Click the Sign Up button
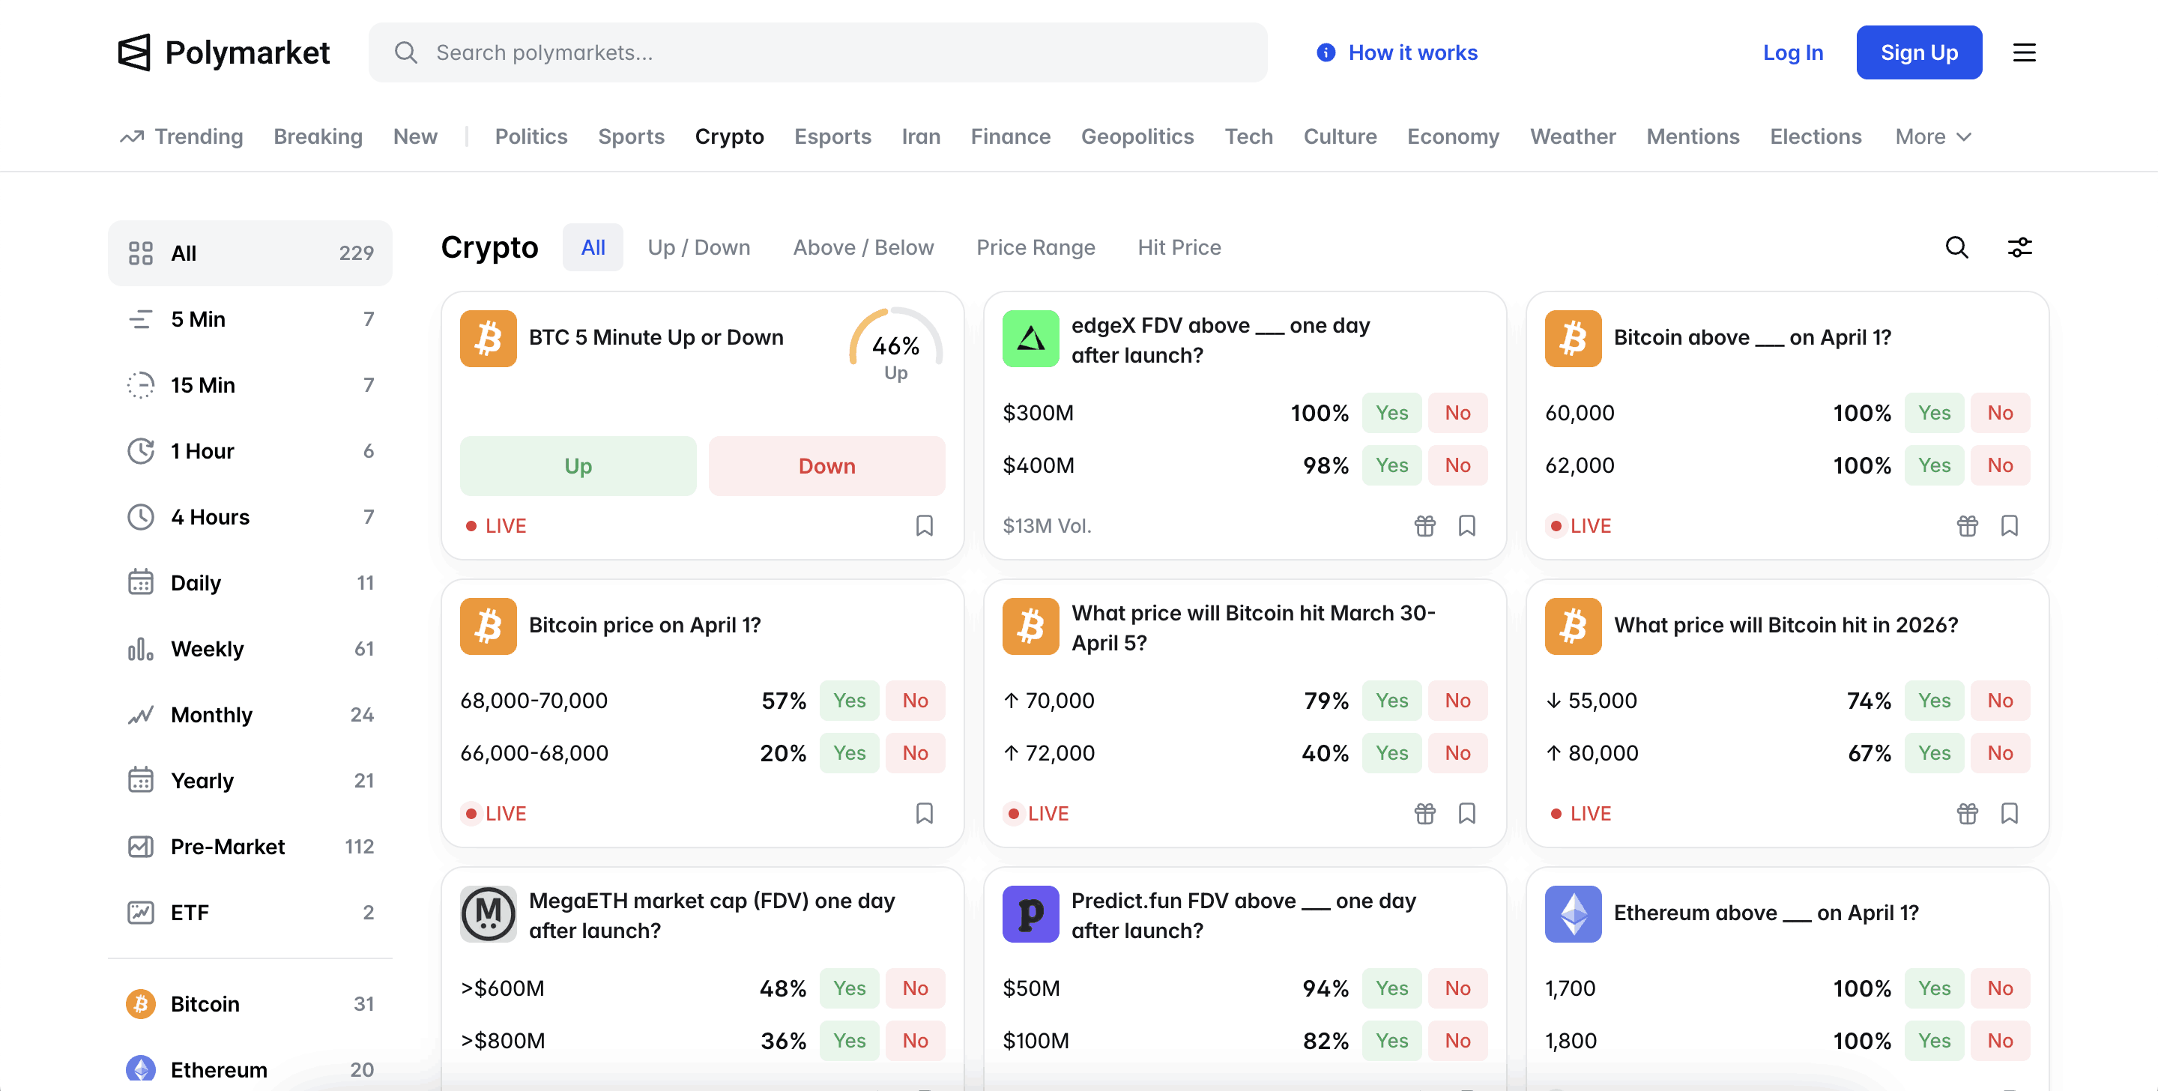(x=1918, y=52)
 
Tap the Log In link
(x=1793, y=52)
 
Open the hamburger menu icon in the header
(x=2024, y=52)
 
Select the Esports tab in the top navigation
(x=832, y=136)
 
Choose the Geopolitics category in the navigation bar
(x=1137, y=136)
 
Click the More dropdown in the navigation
(x=1933, y=136)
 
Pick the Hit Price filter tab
(x=1179, y=247)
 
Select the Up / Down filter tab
(x=698, y=247)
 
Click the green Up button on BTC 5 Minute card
(x=577, y=466)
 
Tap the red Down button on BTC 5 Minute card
(x=826, y=466)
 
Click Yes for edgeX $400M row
(x=1391, y=465)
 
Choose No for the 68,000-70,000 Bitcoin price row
(x=915, y=701)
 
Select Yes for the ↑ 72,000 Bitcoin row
(x=1391, y=753)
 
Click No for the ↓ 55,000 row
(x=2000, y=701)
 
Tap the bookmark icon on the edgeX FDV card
(x=1466, y=525)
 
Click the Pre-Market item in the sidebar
(x=227, y=846)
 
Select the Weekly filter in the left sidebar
(x=207, y=649)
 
